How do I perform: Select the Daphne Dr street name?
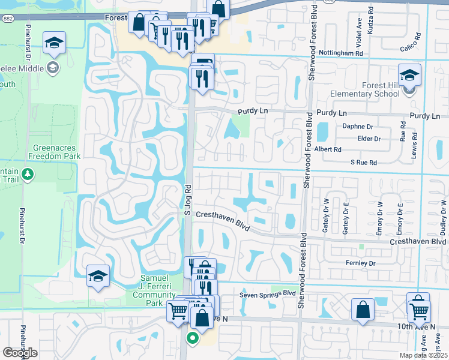357,127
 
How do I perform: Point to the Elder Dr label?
369,139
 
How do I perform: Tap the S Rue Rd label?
364,163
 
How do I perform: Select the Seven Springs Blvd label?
268,293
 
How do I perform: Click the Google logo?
20,353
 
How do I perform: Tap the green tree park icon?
27,175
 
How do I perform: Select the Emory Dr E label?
399,216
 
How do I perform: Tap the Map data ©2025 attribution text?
424,355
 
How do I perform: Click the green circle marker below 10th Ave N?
193,338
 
